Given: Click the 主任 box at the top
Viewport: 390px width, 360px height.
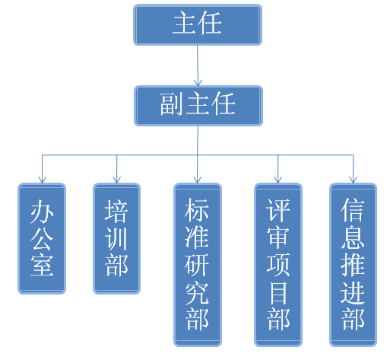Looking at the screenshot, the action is tap(198, 24).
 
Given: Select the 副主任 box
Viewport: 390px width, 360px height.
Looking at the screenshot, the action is tap(198, 106).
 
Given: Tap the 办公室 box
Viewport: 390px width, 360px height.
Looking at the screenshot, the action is tap(42, 238).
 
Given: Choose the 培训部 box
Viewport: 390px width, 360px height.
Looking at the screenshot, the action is tap(116, 238).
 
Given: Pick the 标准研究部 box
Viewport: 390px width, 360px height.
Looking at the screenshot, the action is tap(198, 265).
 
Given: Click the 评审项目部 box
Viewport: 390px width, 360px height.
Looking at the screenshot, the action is tap(278, 265).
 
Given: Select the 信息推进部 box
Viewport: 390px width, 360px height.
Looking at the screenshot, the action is tap(353, 265).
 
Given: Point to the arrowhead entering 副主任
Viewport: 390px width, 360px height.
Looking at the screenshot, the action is tap(198, 83).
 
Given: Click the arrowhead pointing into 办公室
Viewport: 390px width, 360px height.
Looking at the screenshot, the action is tap(42, 180).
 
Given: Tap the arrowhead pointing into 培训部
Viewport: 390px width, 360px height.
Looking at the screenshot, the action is tap(116, 180).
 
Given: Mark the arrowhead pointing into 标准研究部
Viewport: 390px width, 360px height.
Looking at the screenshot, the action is tap(198, 180).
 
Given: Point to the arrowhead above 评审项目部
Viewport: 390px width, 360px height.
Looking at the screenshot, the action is tap(278, 180).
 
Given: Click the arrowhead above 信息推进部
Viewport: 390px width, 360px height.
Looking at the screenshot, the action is tap(354, 180).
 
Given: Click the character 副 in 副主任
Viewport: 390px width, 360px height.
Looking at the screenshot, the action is tap(171, 104).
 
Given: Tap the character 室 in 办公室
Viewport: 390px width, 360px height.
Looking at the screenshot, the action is tap(42, 265).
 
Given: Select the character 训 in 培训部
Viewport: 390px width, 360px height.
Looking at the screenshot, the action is tap(116, 238).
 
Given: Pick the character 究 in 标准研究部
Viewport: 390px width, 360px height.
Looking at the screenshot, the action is tap(197, 293).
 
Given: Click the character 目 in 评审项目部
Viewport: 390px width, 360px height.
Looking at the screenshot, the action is tap(278, 293).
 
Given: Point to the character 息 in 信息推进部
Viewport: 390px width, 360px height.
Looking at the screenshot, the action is tap(353, 237).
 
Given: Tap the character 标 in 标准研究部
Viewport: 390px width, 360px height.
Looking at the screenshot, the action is tap(197, 210).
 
